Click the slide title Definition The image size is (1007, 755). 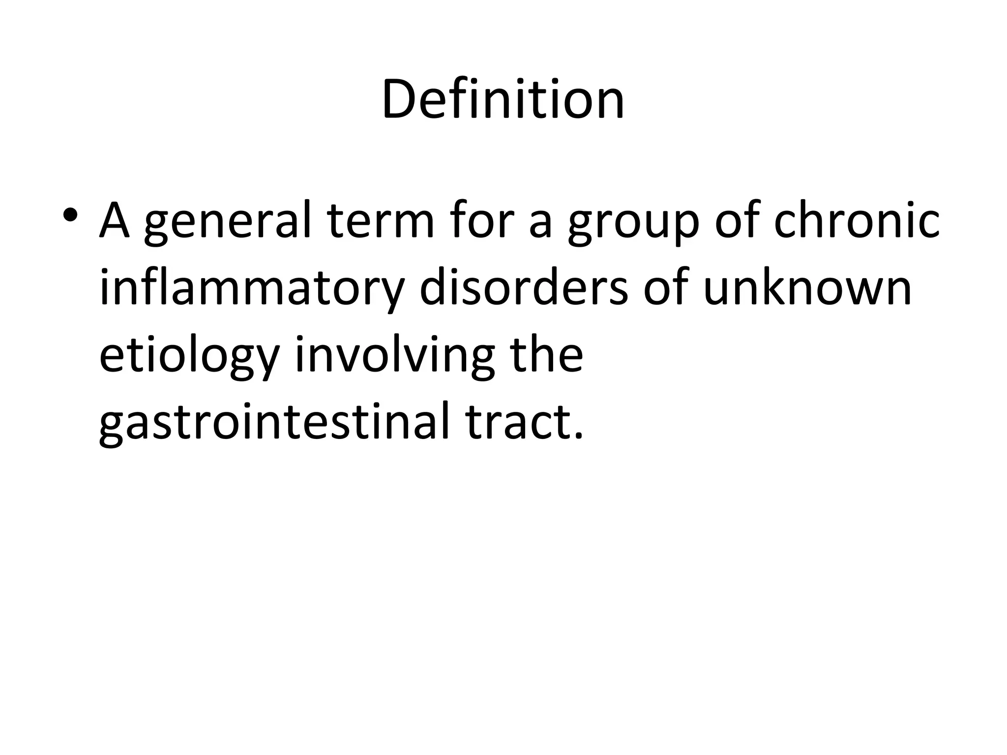pyautogui.click(x=503, y=100)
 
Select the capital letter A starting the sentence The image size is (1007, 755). pyautogui.click(x=115, y=221)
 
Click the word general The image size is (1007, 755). pyautogui.click(x=228, y=224)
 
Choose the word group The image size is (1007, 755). pyautogui.click(x=633, y=226)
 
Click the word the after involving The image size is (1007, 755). pyautogui.click(x=546, y=354)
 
